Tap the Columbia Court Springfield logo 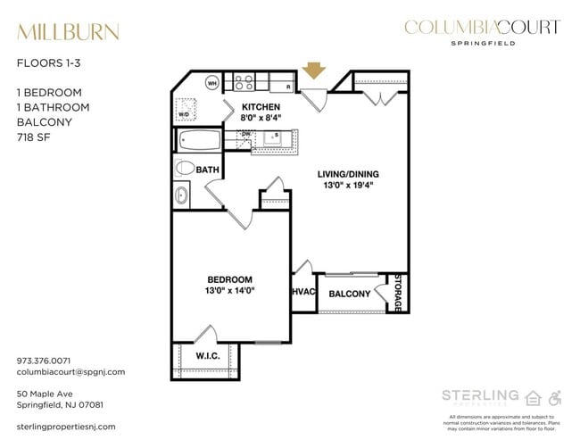point(482,30)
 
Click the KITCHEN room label point(261,106)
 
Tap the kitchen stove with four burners point(245,84)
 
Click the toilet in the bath point(185,167)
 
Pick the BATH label point(208,168)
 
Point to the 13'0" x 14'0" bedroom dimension point(229,290)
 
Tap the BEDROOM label point(229,278)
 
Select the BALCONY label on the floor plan point(349,295)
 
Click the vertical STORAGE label point(399,292)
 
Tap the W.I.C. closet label point(207,357)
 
